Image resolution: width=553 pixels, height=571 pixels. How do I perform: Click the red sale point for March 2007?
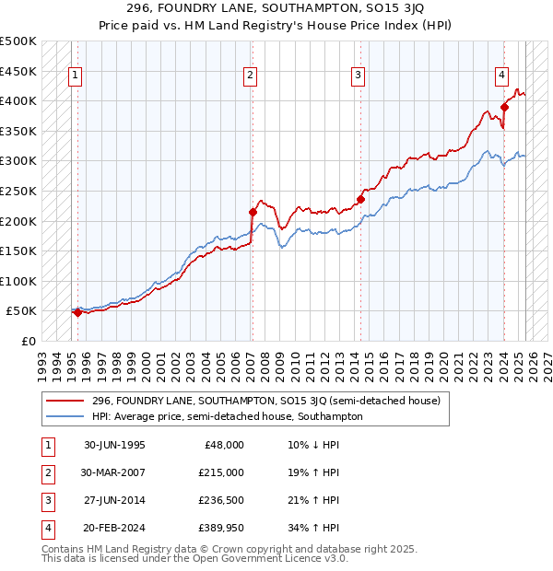click(x=253, y=212)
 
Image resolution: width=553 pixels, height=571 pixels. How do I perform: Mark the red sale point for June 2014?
click(x=360, y=199)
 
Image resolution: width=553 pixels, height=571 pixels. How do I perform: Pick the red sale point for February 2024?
click(x=504, y=107)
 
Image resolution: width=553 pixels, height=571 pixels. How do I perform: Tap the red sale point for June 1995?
click(x=77, y=312)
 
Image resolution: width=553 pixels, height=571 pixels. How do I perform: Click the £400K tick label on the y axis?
click(x=19, y=100)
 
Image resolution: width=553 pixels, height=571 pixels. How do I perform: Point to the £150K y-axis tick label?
click(x=19, y=251)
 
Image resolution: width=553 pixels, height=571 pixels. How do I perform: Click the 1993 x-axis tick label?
click(x=43, y=359)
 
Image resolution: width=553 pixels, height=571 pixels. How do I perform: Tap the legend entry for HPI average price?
click(x=227, y=416)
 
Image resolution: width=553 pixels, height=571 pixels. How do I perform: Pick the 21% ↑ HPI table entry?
click(x=307, y=500)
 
